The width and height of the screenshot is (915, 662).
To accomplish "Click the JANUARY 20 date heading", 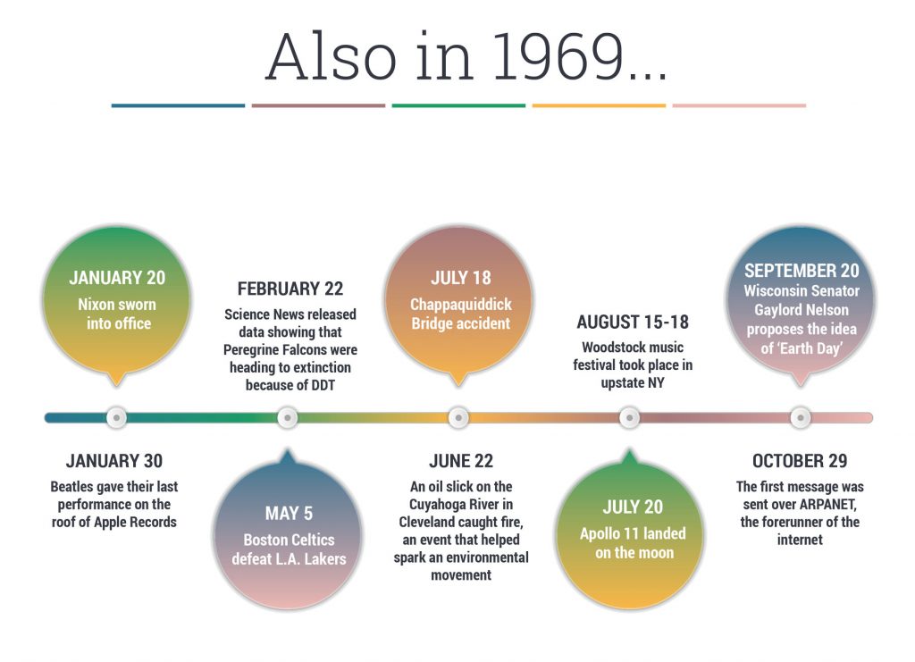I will pyautogui.click(x=117, y=277).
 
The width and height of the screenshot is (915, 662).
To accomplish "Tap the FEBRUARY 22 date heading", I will pyautogui.click(x=290, y=289).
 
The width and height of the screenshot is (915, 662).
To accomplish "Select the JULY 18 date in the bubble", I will pyautogui.click(x=460, y=278).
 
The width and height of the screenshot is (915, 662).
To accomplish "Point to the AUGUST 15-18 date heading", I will pyautogui.click(x=633, y=322).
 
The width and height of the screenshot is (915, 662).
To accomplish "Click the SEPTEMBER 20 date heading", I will pyautogui.click(x=802, y=270).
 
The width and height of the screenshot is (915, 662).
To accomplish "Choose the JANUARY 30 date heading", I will pyautogui.click(x=114, y=461).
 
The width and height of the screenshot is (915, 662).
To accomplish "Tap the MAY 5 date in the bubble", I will pyautogui.click(x=289, y=514).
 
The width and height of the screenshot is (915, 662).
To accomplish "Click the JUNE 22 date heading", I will pyautogui.click(x=461, y=461).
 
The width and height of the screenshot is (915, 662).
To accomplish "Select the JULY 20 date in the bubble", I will pyautogui.click(x=633, y=507).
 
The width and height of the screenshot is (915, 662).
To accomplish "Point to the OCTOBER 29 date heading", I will pyautogui.click(x=799, y=461).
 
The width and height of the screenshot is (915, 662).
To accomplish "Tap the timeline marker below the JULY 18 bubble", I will pyautogui.click(x=458, y=417).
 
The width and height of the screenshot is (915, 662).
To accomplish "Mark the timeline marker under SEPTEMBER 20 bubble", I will pyautogui.click(x=801, y=417).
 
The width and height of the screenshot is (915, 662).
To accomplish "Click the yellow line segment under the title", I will pyautogui.click(x=599, y=105).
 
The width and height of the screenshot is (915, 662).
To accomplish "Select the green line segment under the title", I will pyautogui.click(x=458, y=105).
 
